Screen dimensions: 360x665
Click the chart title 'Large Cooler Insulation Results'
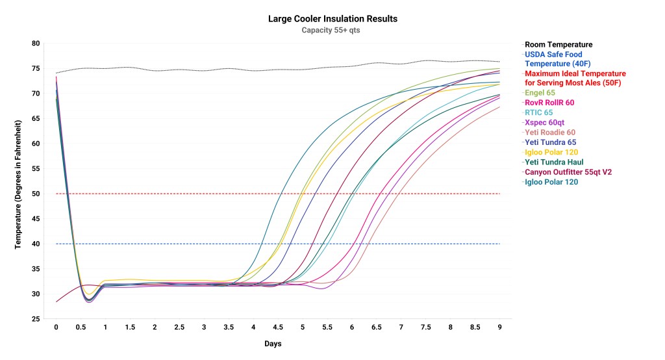point(332,19)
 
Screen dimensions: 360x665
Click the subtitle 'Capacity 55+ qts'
point(332,30)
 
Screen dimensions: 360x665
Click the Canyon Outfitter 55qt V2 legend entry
point(568,172)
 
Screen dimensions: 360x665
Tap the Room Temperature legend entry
point(558,45)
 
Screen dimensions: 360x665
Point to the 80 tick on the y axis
point(36,44)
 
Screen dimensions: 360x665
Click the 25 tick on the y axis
point(36,319)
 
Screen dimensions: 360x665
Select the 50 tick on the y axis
point(36,194)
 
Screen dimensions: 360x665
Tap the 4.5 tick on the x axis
point(278,328)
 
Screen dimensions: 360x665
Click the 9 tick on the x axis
point(499,328)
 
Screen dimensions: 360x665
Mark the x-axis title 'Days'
point(273,343)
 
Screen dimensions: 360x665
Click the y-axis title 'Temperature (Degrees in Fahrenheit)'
point(19,184)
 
